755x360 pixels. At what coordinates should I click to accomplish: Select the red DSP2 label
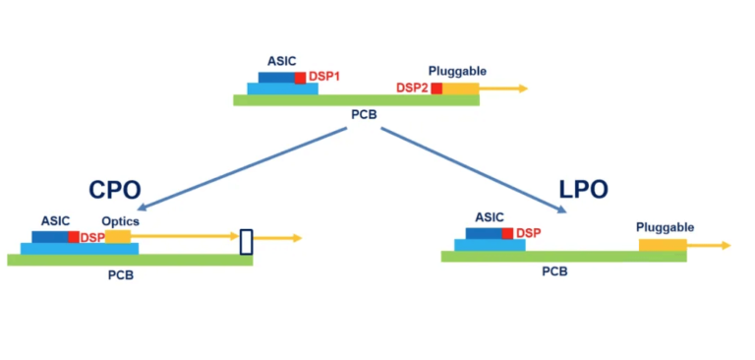[x=412, y=89]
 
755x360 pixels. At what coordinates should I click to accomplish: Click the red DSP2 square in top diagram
[x=436, y=89]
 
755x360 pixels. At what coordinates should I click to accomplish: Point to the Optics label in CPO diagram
[x=121, y=221]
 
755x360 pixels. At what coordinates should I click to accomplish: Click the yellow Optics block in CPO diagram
[x=118, y=237]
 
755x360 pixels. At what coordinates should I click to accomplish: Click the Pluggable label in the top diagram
[x=457, y=71]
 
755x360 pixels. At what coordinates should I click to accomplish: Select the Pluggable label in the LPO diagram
[x=665, y=227]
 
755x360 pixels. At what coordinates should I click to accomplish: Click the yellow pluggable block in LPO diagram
[x=663, y=244]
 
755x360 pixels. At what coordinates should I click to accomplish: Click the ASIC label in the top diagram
[x=282, y=61]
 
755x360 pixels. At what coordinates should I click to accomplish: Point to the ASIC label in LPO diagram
[x=489, y=216]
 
